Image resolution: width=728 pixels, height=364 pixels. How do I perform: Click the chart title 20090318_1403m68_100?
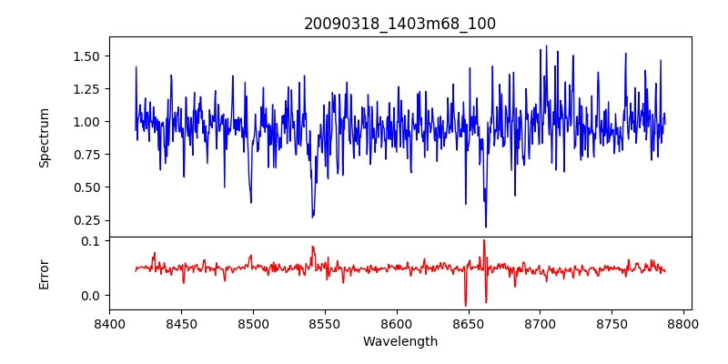click(399, 24)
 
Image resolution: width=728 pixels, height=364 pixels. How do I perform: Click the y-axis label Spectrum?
click(44, 137)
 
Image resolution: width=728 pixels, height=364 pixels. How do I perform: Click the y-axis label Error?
click(44, 272)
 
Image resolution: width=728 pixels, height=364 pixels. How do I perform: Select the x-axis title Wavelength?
click(399, 342)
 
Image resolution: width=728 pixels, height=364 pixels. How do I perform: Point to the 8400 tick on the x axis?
click(109, 324)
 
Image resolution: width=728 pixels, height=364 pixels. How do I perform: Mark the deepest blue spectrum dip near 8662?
click(486, 227)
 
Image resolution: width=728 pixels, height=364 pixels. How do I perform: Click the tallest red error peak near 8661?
click(484, 240)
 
